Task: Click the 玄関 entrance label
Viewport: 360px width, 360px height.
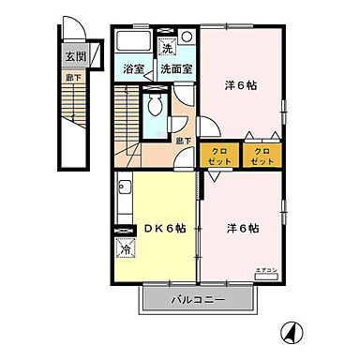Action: [x=75, y=57]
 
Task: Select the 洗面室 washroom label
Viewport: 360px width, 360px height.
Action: [x=175, y=68]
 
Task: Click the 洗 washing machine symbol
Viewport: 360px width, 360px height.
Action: [x=168, y=48]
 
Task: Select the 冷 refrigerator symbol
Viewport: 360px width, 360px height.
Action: [x=126, y=249]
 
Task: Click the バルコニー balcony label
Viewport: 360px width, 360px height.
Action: [x=201, y=301]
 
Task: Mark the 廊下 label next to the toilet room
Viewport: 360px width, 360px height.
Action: [x=184, y=141]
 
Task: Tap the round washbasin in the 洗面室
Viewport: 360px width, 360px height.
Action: [x=187, y=37]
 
